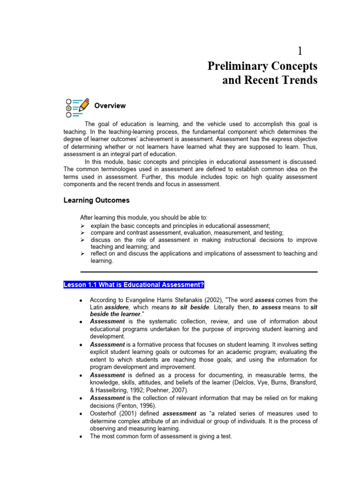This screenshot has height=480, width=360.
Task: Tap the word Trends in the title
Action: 297,80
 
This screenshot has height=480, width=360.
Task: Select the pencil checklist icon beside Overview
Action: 77,107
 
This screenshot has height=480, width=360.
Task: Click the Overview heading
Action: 110,106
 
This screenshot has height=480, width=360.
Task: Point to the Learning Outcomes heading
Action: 96,200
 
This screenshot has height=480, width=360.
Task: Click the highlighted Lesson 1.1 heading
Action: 134,285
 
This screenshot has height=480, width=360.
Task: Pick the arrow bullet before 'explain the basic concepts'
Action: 82,225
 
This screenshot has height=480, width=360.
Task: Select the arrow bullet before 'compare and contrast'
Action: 82,232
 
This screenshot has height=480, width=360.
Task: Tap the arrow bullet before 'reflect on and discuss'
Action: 82,254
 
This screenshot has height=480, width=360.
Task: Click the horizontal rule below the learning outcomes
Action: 199,271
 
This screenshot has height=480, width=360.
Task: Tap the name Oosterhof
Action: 105,414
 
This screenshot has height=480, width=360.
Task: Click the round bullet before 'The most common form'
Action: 82,436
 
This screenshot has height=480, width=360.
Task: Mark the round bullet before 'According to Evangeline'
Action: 82,300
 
